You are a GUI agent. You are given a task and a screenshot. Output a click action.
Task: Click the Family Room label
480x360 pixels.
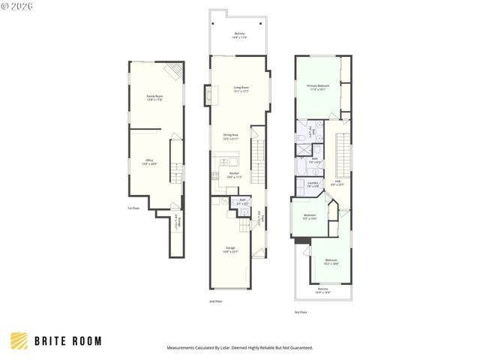(x=155, y=97)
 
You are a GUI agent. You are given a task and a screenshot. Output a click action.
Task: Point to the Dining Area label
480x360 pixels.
(x=231, y=137)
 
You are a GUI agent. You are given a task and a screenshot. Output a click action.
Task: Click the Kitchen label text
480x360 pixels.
(x=234, y=175)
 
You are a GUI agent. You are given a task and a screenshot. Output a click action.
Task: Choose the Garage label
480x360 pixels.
(x=230, y=250)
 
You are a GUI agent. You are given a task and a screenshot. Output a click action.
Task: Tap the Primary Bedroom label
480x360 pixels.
(x=318, y=87)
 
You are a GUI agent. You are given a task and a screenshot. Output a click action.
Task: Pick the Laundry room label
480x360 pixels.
(x=313, y=184)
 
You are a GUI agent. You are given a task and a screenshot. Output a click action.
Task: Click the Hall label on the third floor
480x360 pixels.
(x=338, y=182)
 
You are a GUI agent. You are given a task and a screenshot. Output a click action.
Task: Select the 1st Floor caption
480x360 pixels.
(x=133, y=208)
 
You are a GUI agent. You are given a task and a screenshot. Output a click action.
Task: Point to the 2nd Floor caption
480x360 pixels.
(x=216, y=301)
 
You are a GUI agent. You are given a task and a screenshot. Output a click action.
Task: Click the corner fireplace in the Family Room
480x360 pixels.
(x=173, y=71)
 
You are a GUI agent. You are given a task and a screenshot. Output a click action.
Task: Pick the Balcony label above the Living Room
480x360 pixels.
(x=239, y=34)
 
